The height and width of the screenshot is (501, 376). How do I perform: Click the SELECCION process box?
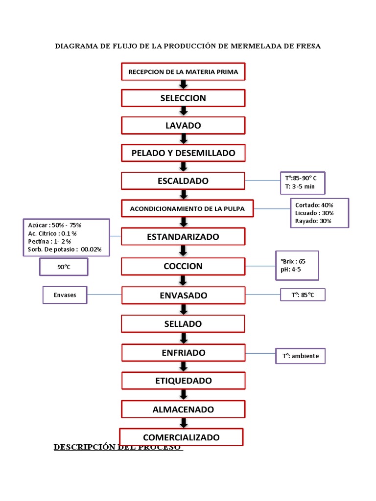(x=183, y=98)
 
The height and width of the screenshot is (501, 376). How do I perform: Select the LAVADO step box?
(x=183, y=125)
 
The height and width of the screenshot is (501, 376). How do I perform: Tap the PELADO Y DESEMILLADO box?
(x=183, y=153)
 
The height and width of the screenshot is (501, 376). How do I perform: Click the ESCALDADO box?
(x=183, y=181)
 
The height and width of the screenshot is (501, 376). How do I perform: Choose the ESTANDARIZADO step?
(x=183, y=237)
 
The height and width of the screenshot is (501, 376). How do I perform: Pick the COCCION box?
(x=183, y=266)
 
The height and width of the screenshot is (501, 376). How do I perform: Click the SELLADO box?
(x=183, y=324)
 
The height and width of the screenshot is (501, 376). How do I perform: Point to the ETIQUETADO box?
(x=183, y=381)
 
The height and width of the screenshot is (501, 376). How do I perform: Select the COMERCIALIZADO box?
(x=181, y=437)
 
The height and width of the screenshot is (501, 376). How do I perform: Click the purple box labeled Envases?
(x=65, y=295)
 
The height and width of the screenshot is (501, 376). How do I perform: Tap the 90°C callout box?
(x=64, y=267)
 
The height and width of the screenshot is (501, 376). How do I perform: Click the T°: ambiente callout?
(x=300, y=356)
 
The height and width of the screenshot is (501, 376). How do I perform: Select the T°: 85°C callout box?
(x=303, y=295)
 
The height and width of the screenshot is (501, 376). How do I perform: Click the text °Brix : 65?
(x=292, y=261)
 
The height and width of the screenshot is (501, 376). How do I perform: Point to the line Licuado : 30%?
(x=314, y=213)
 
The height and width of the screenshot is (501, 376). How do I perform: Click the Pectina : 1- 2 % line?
(x=49, y=241)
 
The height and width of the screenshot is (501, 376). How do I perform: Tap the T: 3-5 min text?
(x=300, y=186)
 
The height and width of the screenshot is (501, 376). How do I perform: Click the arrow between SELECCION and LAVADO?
(x=183, y=112)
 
